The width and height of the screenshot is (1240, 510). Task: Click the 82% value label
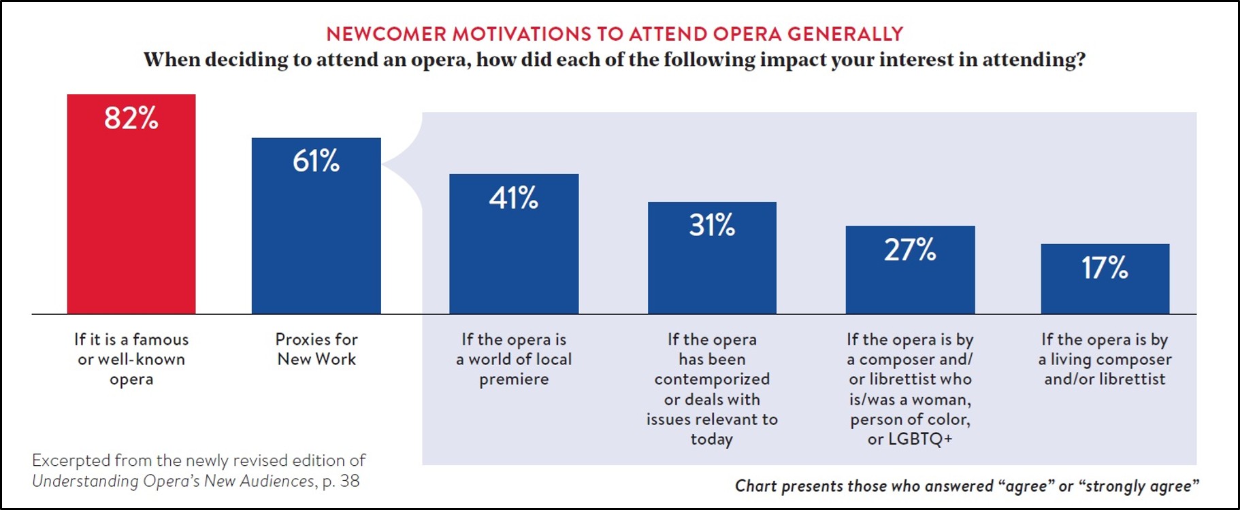[x=131, y=118]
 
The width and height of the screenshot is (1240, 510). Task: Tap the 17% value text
[x=1105, y=268]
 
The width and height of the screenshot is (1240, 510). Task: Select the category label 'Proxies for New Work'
[x=316, y=349]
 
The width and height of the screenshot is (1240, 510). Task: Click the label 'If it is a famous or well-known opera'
[x=131, y=359]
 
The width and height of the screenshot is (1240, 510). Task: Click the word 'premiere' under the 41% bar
[x=514, y=379]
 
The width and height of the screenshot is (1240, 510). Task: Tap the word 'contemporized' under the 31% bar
[x=712, y=379]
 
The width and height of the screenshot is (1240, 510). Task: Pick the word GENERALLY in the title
[x=845, y=34]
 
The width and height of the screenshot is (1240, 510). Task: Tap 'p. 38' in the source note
[x=341, y=481]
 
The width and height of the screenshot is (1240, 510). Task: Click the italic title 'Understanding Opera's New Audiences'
[x=174, y=481]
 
